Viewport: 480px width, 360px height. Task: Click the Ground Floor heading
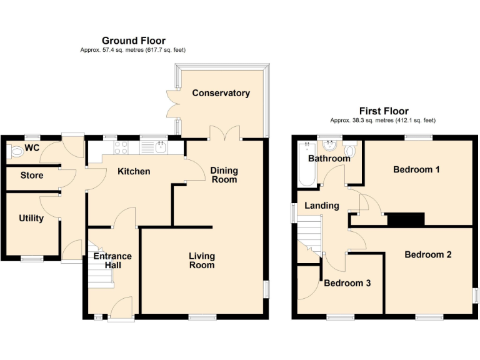(x=133, y=41)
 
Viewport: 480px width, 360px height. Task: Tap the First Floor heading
(x=382, y=111)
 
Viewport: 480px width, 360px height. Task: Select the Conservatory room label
(x=221, y=93)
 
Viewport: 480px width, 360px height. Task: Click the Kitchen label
(x=134, y=171)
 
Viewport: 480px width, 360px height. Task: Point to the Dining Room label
(x=224, y=175)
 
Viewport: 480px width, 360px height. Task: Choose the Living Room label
(x=202, y=261)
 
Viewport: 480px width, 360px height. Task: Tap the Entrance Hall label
(x=112, y=261)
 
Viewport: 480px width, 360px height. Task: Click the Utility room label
(x=31, y=218)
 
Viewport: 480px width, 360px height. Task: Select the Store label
(x=32, y=176)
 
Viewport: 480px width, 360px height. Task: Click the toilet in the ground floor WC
(x=12, y=151)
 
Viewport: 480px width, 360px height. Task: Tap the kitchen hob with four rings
(x=120, y=147)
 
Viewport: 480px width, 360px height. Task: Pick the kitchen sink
(x=161, y=147)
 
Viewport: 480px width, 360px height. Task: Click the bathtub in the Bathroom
(x=306, y=165)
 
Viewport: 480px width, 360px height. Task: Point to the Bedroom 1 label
(x=416, y=169)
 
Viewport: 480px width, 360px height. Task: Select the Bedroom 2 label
(x=427, y=254)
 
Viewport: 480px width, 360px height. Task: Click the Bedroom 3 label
(x=347, y=283)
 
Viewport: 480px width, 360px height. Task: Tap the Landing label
(x=322, y=206)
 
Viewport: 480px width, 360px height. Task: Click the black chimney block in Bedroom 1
(x=406, y=219)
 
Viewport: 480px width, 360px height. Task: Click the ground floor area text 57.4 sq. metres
(x=132, y=50)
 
